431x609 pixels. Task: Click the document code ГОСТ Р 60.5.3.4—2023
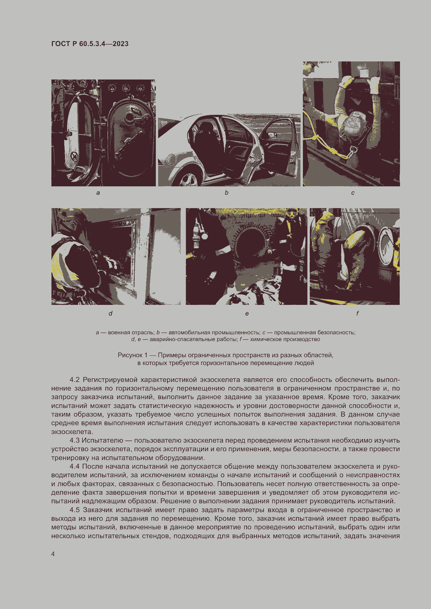click(90, 44)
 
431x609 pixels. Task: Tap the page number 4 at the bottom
click(53, 554)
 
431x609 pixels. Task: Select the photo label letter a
click(98, 193)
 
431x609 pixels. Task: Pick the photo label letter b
click(226, 193)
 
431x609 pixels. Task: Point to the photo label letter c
click(353, 193)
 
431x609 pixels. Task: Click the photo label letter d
click(111, 313)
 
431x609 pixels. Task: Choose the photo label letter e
click(247, 314)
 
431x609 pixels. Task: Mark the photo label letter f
click(358, 313)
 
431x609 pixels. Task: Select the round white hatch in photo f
click(386, 245)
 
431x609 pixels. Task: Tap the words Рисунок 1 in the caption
click(132, 355)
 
